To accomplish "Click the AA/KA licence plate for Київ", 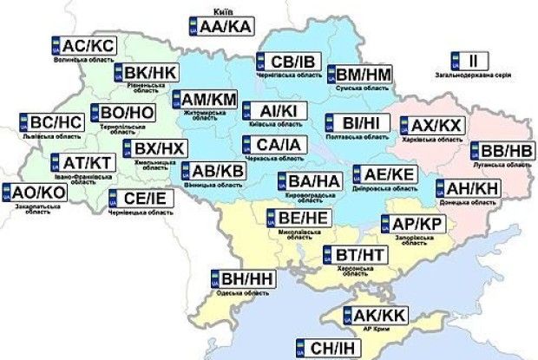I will point(219,28).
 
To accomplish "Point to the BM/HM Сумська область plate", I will point(358,73).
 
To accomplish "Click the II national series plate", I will point(469,61).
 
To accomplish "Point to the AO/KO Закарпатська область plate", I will point(32,193).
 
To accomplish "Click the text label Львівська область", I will point(51,136).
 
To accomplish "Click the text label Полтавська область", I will point(351,138).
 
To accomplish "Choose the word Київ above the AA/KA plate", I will point(219,13).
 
